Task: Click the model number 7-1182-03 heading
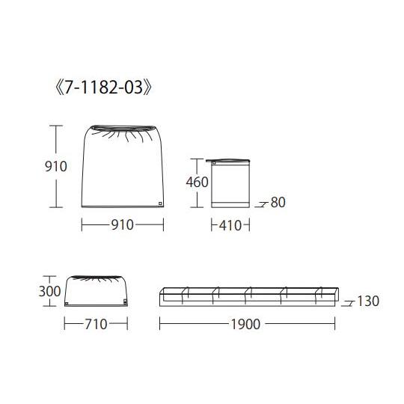(x=103, y=88)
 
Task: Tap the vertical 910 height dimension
(x=56, y=166)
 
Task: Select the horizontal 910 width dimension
(x=123, y=224)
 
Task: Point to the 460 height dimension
(x=197, y=182)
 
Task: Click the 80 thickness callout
(x=278, y=202)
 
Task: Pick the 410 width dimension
(x=230, y=225)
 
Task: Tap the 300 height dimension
(x=49, y=292)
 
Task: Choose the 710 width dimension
(x=96, y=324)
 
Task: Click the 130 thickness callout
(x=368, y=301)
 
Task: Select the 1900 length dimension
(x=245, y=324)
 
